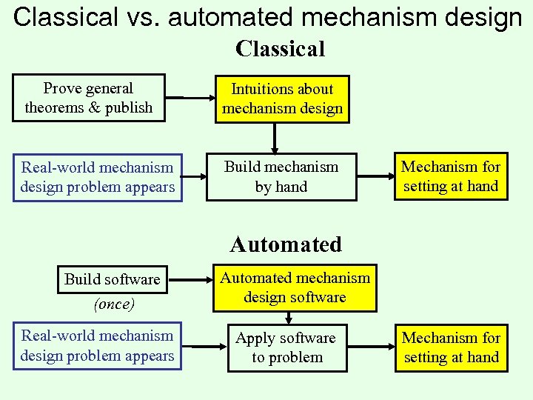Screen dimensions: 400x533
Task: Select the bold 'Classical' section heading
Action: pyautogui.click(x=280, y=49)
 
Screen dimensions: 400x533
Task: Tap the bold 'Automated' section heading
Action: pyautogui.click(x=286, y=244)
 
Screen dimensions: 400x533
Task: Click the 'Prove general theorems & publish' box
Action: pyautogui.click(x=88, y=98)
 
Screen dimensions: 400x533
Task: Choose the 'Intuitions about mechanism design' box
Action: pyautogui.click(x=282, y=99)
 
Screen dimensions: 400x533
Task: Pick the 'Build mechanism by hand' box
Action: pyautogui.click(x=281, y=177)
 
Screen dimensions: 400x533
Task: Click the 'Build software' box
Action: pyautogui.click(x=112, y=279)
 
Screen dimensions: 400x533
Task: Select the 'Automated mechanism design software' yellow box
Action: pyautogui.click(x=295, y=287)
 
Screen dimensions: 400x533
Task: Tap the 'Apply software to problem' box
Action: pyautogui.click(x=285, y=347)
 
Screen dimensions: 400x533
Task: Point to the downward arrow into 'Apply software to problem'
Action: pyautogui.click(x=290, y=318)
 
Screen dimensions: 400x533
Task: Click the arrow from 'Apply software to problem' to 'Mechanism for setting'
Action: pyautogui.click(x=376, y=347)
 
